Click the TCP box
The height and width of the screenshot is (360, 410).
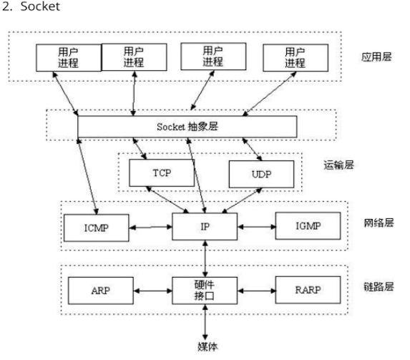162,173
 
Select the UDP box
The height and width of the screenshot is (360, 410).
261,174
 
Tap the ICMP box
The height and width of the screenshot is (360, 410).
96,228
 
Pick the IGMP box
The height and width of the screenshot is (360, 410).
308,226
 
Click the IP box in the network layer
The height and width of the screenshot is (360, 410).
205,227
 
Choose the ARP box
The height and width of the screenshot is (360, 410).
101,291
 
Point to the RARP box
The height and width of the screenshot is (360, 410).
308,290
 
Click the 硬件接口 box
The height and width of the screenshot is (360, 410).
205,291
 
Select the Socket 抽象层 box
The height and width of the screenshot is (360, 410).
187,127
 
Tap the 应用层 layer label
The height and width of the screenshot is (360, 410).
376,57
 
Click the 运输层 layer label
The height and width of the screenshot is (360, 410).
338,165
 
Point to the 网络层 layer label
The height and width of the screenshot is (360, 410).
379,223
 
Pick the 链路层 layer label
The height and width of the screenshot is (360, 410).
379,287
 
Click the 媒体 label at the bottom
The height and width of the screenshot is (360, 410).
208,346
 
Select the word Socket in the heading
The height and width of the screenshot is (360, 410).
40,6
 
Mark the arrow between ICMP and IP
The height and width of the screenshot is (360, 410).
150,228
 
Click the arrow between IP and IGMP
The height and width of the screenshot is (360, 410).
256,227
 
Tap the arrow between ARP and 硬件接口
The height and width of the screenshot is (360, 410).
152,291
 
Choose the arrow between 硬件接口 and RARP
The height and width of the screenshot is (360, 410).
256,291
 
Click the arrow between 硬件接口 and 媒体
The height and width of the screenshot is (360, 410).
205,322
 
